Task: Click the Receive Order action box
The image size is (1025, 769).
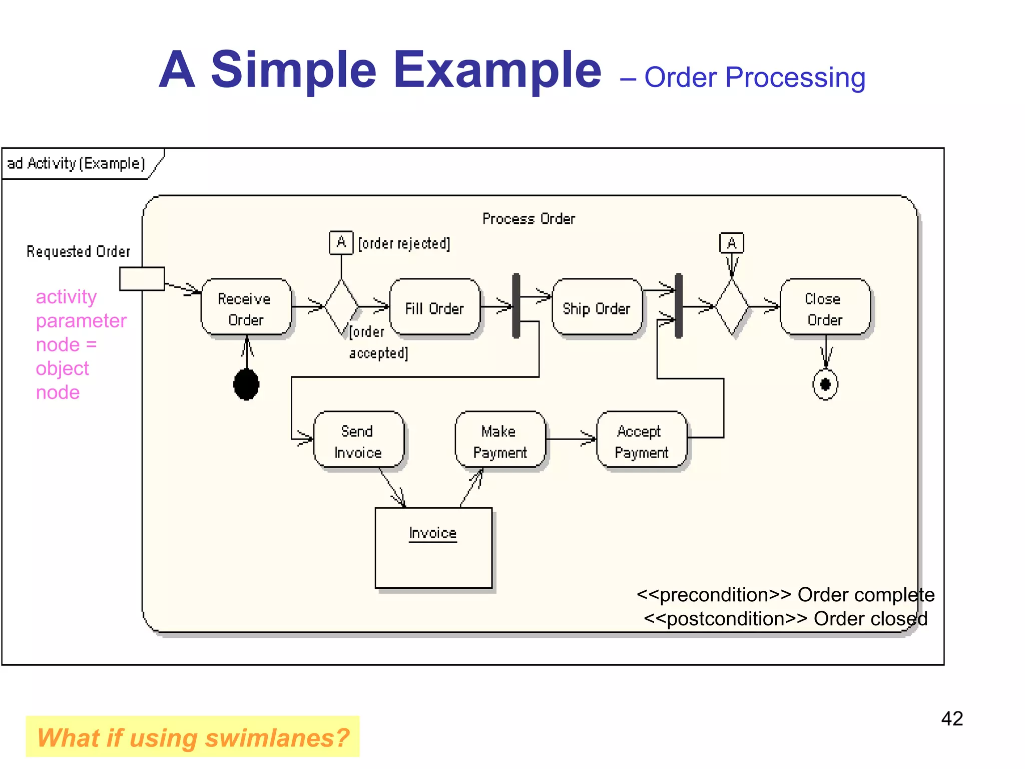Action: [x=246, y=307]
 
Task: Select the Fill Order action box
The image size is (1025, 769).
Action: [x=434, y=307]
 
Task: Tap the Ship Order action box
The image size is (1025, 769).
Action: [x=597, y=307]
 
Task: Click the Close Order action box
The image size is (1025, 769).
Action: [x=824, y=307]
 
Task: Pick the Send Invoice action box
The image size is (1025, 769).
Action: [x=358, y=440]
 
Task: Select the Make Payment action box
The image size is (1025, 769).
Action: [x=499, y=440]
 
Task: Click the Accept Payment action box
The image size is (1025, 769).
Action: [x=641, y=440]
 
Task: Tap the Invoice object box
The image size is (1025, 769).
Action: [x=433, y=548]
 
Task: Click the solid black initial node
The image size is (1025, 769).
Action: [x=246, y=384]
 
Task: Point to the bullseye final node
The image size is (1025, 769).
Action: [x=825, y=384]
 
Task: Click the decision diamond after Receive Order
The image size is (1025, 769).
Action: [x=342, y=307]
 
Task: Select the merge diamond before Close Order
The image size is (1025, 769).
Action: [x=732, y=307]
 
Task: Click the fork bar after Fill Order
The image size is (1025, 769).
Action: [x=516, y=306]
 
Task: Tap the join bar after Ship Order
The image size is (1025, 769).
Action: [x=678, y=306]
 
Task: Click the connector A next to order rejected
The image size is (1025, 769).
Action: [x=341, y=243]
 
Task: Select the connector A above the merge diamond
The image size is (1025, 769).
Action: [x=731, y=243]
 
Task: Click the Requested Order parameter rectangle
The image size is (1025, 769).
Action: [x=142, y=278]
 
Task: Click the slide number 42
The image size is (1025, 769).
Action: [x=951, y=718]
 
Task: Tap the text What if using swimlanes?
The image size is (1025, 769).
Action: [x=193, y=737]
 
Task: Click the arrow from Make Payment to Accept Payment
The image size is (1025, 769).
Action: [x=571, y=439]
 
